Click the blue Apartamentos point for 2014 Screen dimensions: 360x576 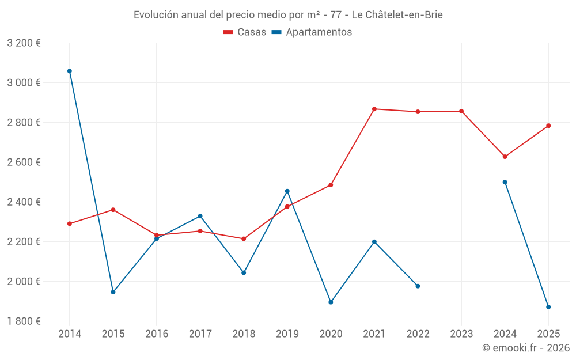coord(70,71)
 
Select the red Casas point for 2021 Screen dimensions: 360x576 coord(374,109)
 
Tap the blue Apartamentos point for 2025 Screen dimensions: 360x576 coord(548,307)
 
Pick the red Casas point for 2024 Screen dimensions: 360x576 coord(505,157)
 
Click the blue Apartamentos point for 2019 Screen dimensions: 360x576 coord(287,191)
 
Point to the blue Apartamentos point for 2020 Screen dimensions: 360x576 coord(331,302)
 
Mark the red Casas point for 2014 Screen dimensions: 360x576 coord(70,223)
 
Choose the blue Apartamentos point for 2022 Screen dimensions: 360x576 coord(418,286)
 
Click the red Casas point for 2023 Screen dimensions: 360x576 coord(461,111)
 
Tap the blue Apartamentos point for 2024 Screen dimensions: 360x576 coord(505,182)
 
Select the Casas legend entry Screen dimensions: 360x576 coord(245,32)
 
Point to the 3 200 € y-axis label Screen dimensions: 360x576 coord(24,43)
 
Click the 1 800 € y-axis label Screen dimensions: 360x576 coord(24,321)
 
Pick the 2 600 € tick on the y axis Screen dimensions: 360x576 coord(24,162)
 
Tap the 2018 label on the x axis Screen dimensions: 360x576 coord(244,334)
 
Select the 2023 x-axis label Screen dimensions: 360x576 coord(461,334)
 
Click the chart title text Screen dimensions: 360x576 coord(288,15)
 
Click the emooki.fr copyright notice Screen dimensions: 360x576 coord(526,348)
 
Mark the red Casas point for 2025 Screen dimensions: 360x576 coord(548,126)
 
